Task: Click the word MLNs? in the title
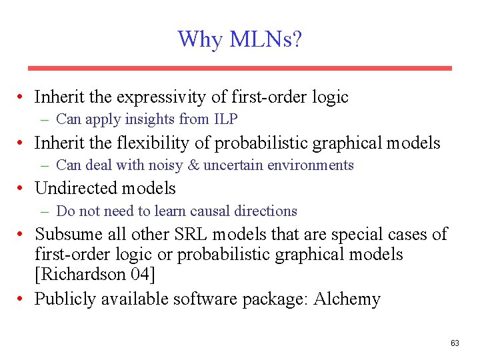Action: [x=265, y=39]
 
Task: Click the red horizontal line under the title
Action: [x=239, y=68]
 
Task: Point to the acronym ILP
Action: [x=225, y=119]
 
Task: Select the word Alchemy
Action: [x=347, y=299]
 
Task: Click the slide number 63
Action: [x=455, y=343]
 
